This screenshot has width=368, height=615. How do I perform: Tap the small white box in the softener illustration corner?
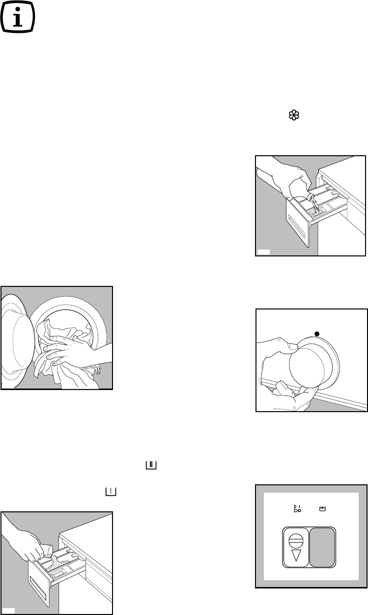point(263,252)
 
